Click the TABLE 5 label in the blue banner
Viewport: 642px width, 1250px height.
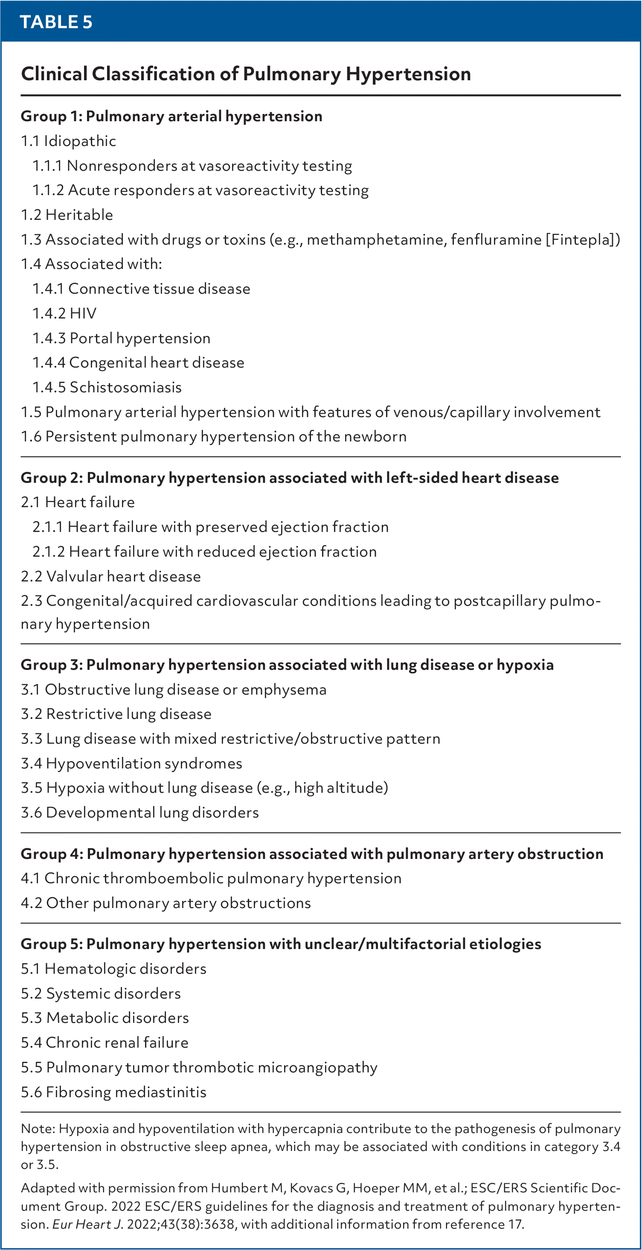(56, 22)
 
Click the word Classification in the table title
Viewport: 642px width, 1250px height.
(153, 74)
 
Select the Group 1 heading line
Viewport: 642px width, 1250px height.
(171, 117)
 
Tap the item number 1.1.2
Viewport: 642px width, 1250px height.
(48, 190)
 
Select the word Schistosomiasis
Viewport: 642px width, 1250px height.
(125, 387)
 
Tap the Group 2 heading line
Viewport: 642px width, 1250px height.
(290, 478)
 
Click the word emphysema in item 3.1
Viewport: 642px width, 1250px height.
(284, 689)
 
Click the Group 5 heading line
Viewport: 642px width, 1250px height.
(281, 944)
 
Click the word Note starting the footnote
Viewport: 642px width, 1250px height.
(36, 1129)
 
